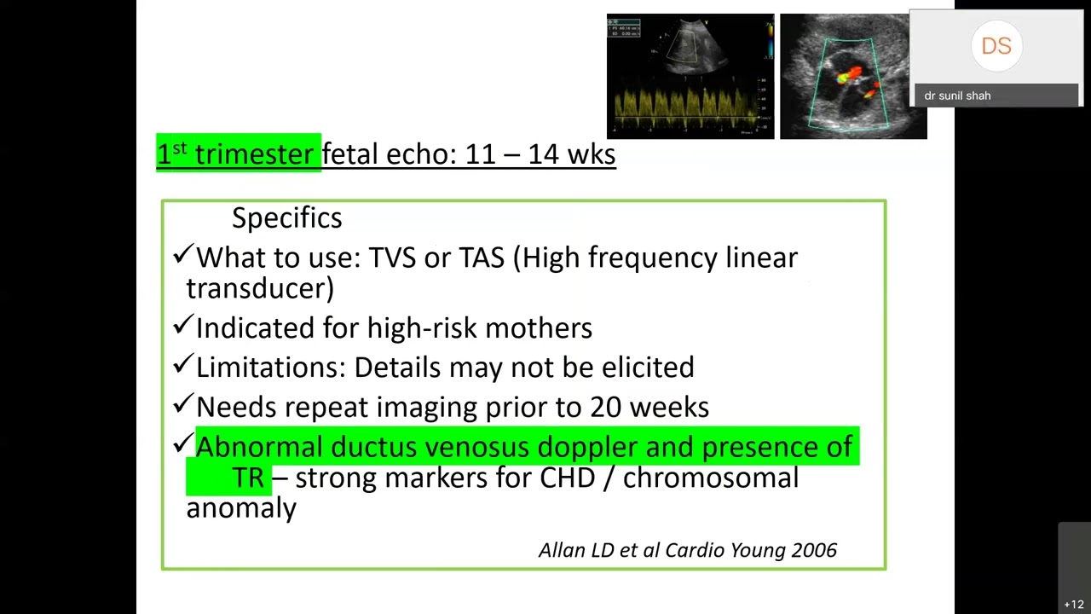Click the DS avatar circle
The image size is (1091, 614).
pos(996,46)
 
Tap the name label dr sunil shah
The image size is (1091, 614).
pos(957,96)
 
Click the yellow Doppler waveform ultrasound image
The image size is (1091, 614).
pos(690,77)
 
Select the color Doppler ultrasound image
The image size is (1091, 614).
pos(852,77)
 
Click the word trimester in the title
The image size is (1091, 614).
pos(254,154)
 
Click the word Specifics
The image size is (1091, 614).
pos(286,218)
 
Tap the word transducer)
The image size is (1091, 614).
pos(260,288)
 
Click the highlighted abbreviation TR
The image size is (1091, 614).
pos(248,478)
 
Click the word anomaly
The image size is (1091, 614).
pos(241,508)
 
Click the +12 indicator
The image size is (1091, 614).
pos(1074,605)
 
